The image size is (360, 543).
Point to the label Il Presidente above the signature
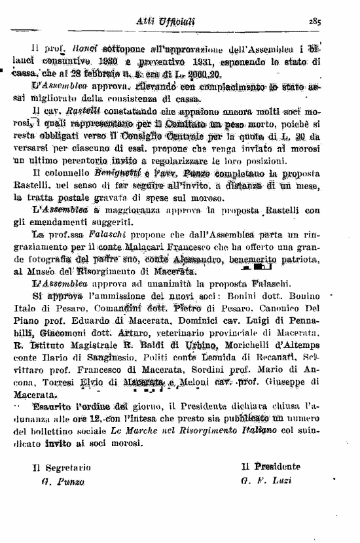pyautogui.click(x=270, y=466)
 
